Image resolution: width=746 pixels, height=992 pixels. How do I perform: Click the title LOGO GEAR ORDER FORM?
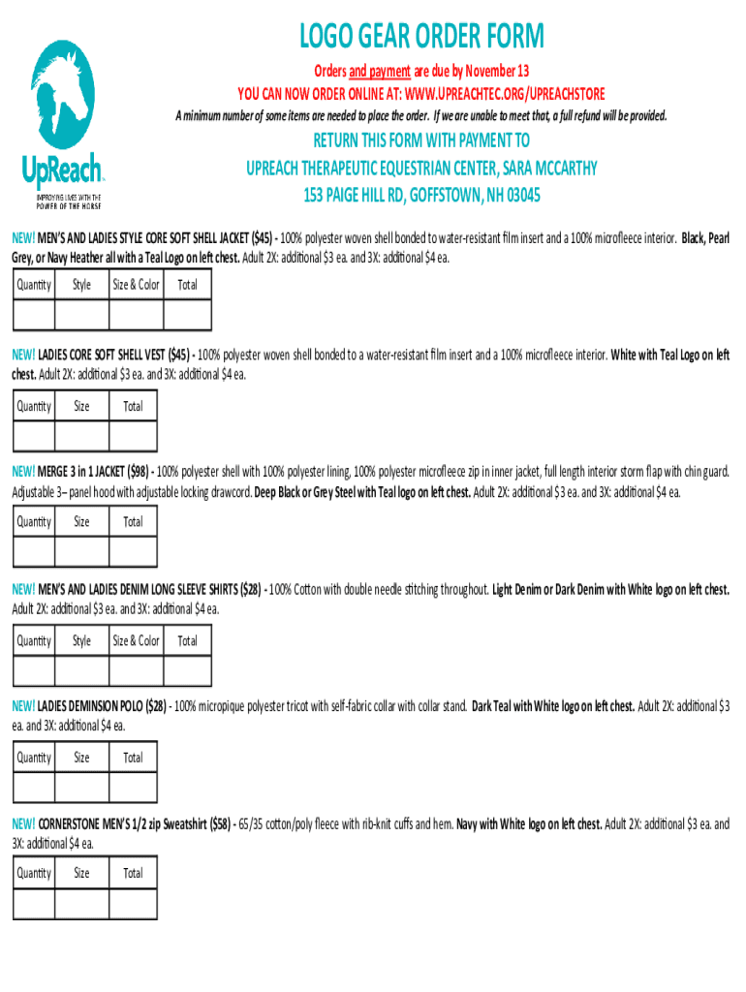click(x=422, y=38)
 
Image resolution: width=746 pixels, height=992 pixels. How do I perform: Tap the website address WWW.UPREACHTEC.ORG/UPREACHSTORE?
click(x=505, y=93)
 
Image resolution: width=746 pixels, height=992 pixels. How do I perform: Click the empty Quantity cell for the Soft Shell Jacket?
click(x=34, y=316)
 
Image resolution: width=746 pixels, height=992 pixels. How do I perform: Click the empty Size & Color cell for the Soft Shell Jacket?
click(x=136, y=316)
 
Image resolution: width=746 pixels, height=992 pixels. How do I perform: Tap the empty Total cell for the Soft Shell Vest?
click(x=133, y=436)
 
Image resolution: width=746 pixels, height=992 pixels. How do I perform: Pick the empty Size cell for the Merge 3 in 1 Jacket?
click(x=81, y=551)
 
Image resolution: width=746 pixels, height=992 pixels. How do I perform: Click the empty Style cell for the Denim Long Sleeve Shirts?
click(x=81, y=671)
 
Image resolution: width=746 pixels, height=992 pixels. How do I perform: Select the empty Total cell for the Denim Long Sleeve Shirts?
click(x=187, y=671)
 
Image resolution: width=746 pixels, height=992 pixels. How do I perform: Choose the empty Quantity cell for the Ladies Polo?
click(x=34, y=788)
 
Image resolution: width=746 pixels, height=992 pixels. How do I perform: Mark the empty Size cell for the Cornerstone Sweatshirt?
click(x=81, y=903)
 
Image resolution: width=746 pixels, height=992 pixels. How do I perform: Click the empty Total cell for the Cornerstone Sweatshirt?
click(x=133, y=903)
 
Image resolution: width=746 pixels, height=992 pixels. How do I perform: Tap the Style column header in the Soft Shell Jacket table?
click(x=81, y=285)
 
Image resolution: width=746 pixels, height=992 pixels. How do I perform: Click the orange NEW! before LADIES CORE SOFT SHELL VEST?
click(x=22, y=355)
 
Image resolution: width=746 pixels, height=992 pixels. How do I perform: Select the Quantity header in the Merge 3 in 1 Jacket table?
click(x=34, y=522)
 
